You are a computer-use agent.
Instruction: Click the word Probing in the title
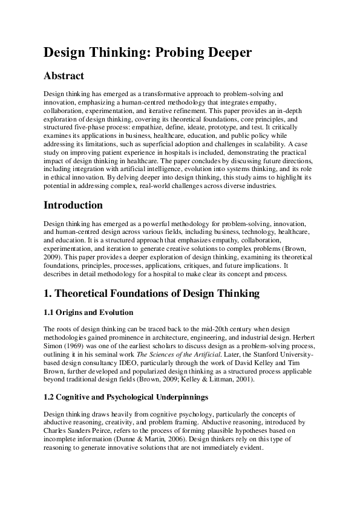(182, 53)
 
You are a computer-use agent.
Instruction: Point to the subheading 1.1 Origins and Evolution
(88, 313)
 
